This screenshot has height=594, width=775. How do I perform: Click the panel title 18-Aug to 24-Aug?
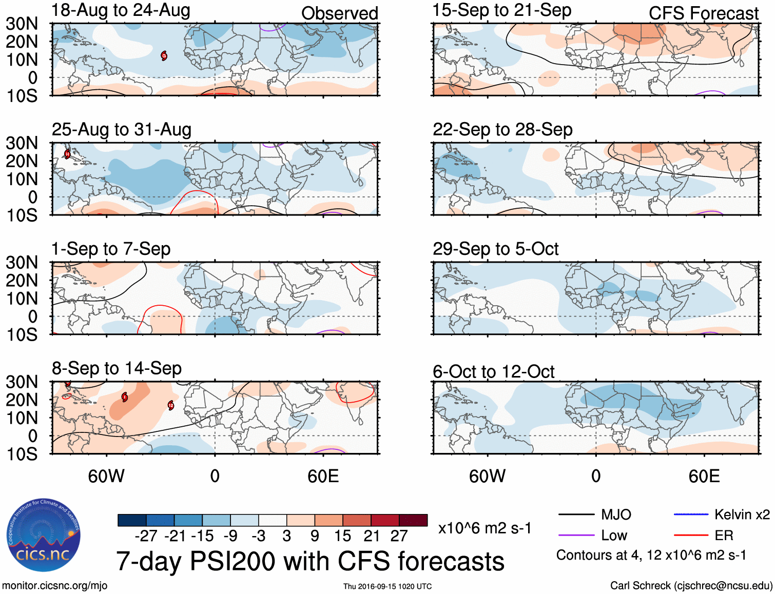tap(121, 10)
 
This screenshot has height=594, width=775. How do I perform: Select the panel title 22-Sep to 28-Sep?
tap(502, 129)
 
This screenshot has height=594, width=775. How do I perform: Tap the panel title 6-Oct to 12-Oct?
tap(493, 371)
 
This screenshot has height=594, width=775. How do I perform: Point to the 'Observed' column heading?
tap(339, 13)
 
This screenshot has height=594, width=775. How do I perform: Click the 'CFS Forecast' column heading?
tap(703, 13)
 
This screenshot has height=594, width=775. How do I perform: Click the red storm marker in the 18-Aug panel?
tap(164, 55)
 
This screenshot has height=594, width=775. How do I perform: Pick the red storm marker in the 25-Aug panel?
tap(67, 154)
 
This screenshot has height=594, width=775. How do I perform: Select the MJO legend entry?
tap(616, 514)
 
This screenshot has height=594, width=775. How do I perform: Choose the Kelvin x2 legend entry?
tap(742, 514)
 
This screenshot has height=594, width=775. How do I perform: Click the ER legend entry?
tap(724, 536)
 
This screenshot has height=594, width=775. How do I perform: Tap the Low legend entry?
tap(614, 536)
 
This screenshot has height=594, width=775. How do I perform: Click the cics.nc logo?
tap(44, 536)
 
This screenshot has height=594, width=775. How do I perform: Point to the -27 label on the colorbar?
tap(146, 536)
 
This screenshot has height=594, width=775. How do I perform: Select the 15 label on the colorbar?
tap(342, 536)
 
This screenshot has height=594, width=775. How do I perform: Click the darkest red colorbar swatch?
tap(413, 520)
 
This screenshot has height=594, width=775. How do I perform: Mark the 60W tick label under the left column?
tap(106, 476)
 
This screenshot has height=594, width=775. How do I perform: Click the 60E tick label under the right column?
tap(704, 476)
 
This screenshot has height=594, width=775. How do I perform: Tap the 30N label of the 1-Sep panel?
tap(22, 262)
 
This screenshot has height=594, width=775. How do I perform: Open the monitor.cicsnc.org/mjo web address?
tap(54, 586)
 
